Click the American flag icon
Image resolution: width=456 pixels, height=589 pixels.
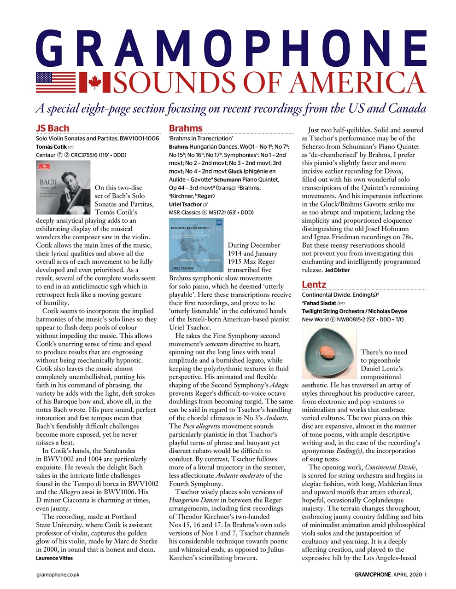click(56, 83)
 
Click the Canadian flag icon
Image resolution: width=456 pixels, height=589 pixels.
click(94, 83)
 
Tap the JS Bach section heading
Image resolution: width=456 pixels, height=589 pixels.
click(53, 128)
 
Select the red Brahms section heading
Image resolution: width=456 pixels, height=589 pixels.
click(186, 128)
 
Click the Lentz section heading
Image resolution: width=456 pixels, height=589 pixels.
click(314, 284)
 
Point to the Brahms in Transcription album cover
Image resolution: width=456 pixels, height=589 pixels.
click(196, 245)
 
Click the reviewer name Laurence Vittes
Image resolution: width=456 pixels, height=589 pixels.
click(54, 558)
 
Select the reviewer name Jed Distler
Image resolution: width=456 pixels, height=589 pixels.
click(337, 270)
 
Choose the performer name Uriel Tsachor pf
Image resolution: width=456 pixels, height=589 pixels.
click(189, 204)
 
